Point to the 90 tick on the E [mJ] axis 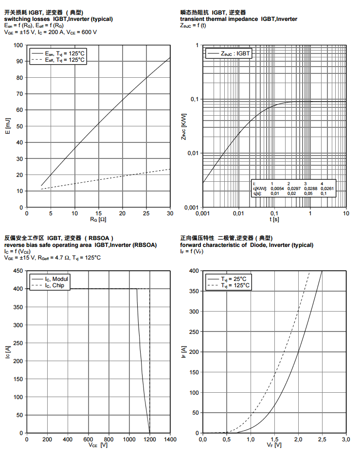[19, 61]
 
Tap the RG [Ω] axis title [98, 220]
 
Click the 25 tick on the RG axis [146, 213]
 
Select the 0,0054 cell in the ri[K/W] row [277, 188]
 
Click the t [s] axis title [274, 220]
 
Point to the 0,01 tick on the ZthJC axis [193, 153]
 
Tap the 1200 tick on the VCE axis [149, 439]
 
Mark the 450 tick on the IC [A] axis [18, 270]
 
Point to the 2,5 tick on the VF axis [322, 439]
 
